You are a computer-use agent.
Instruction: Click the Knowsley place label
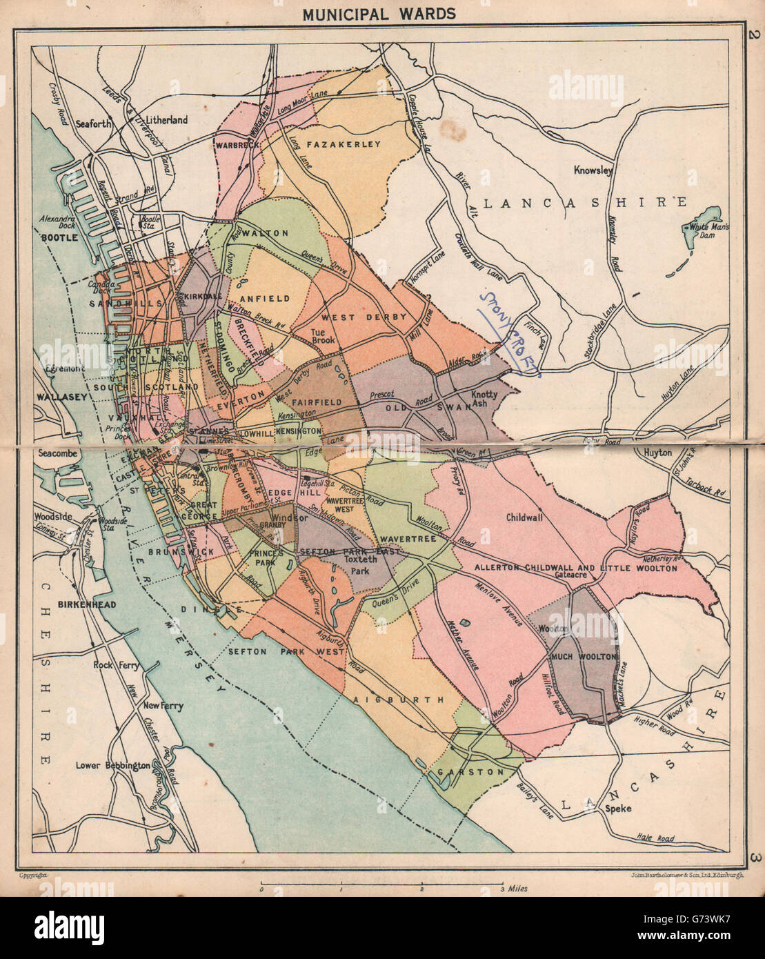(593, 170)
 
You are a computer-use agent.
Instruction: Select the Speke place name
(617, 809)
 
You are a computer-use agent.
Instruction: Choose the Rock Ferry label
(116, 666)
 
